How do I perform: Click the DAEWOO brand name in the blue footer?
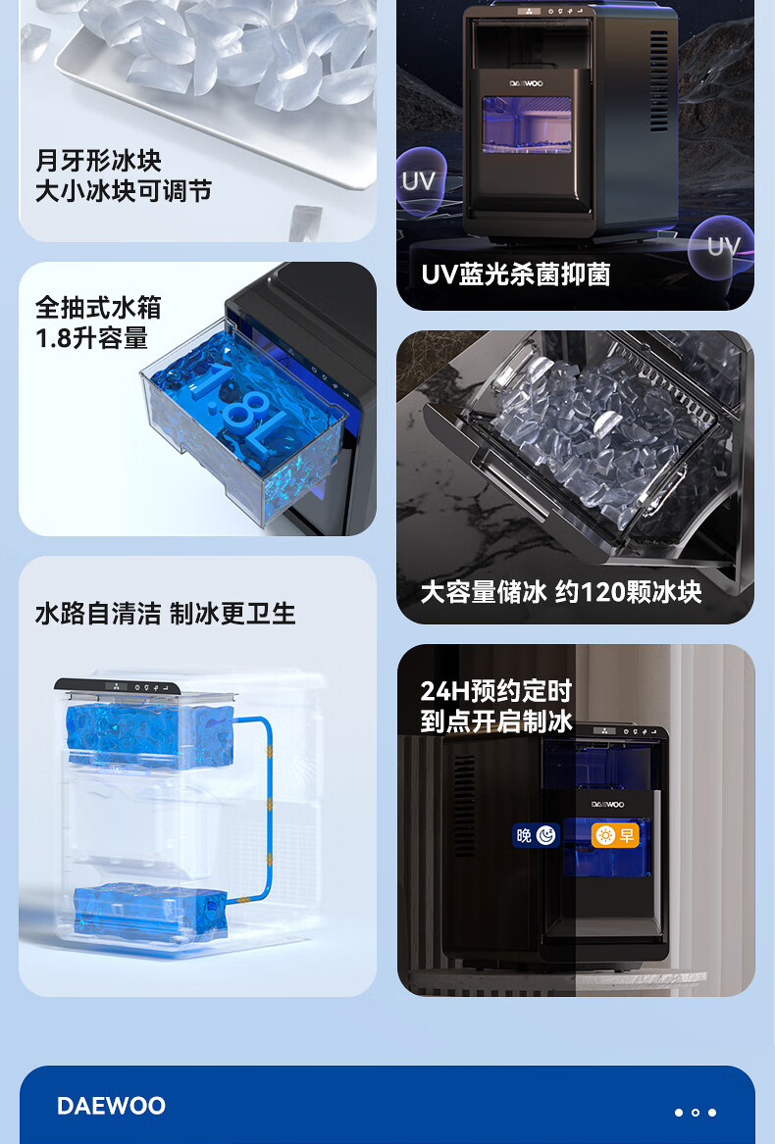pyautogui.click(x=111, y=1106)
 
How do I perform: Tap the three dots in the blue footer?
pyautogui.click(x=696, y=1112)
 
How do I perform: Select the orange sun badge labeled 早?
pyautogui.click(x=614, y=834)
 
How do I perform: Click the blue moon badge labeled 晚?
pyautogui.click(x=537, y=834)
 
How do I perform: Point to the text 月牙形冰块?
pyautogui.click(x=99, y=161)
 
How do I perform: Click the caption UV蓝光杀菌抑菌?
pyautogui.click(x=516, y=274)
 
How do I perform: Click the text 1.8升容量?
pyautogui.click(x=91, y=338)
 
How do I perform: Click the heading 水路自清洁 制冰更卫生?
pyautogui.click(x=165, y=614)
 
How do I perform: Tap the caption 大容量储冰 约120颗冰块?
pyautogui.click(x=561, y=592)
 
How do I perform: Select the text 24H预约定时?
pyautogui.click(x=496, y=690)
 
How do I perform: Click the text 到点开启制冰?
pyautogui.click(x=496, y=721)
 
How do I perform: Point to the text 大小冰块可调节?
pyautogui.click(x=124, y=191)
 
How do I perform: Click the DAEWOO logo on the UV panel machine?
pyautogui.click(x=526, y=84)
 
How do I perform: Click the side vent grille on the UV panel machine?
pyautogui.click(x=658, y=80)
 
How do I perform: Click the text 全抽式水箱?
pyautogui.click(x=99, y=307)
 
